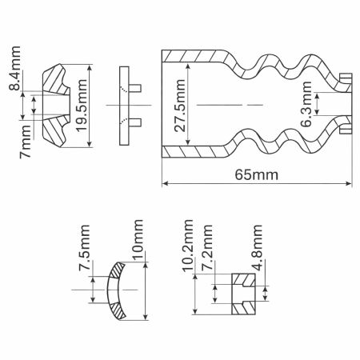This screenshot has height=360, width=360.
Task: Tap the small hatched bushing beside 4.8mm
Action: tap(242, 293)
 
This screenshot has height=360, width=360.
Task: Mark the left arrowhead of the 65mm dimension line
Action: tap(165, 184)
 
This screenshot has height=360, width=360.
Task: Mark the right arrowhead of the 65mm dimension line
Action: tap(350, 184)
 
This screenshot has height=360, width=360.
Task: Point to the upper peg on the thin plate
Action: tap(136, 87)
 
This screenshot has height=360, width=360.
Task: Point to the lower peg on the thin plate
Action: tap(136, 122)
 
